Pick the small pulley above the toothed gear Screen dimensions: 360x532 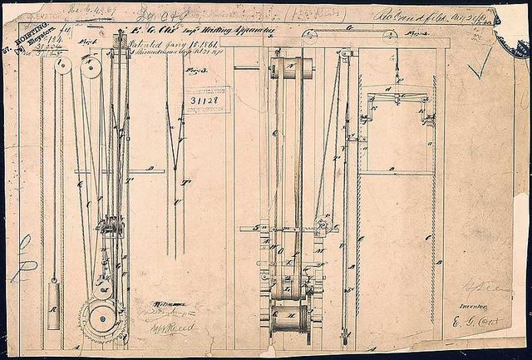(x=102, y=288)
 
